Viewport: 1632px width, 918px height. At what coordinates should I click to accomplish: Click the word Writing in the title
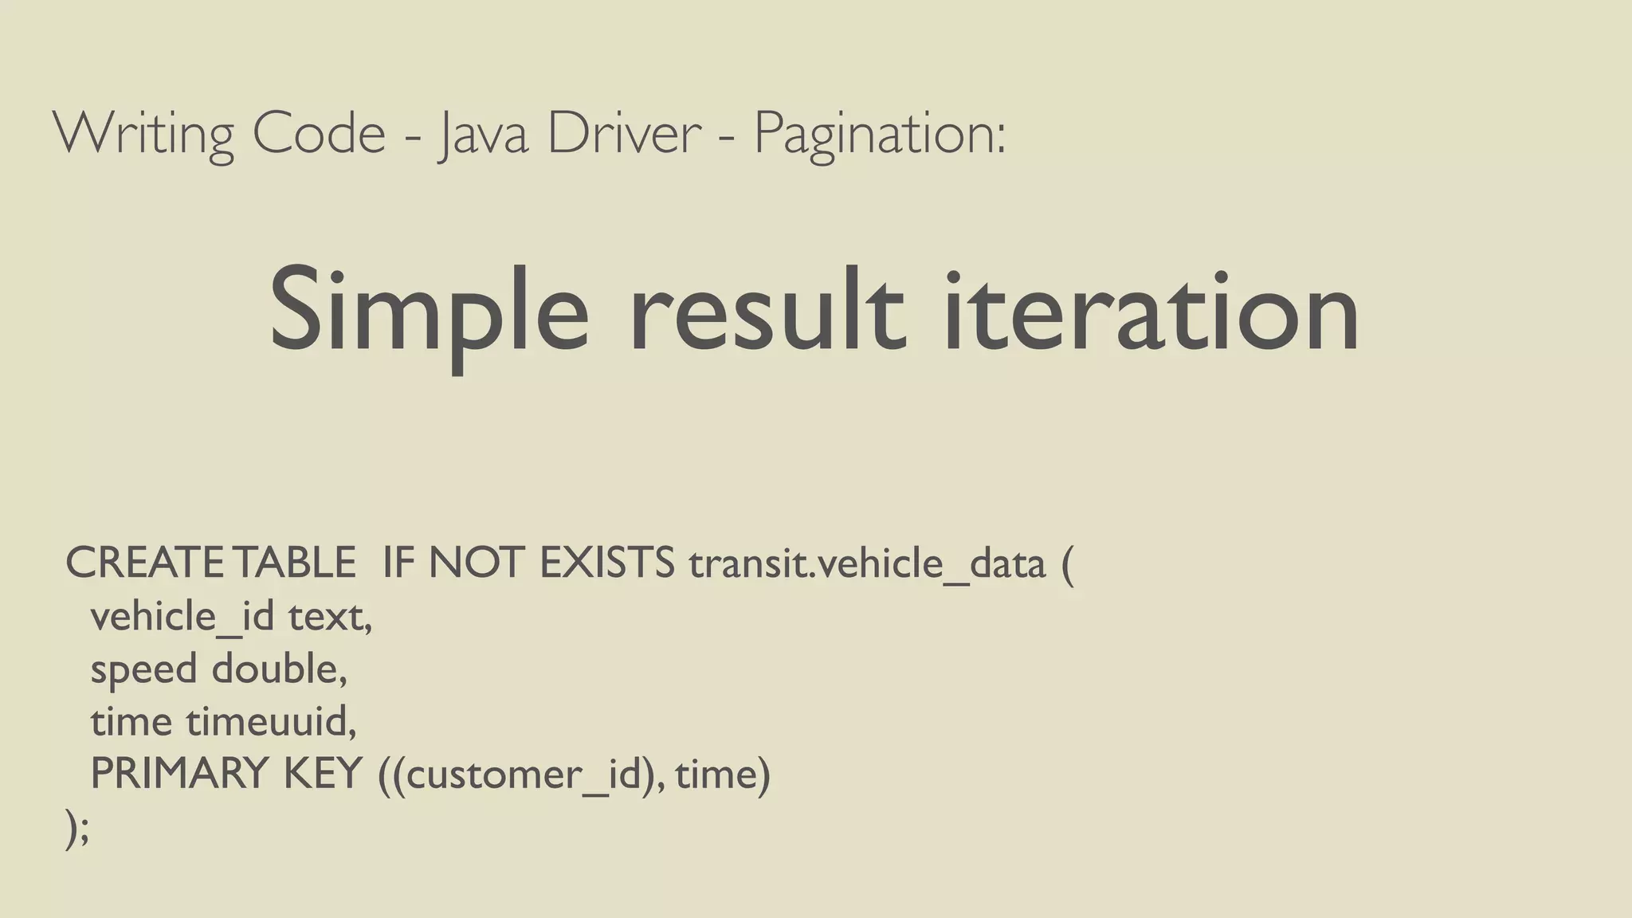(x=143, y=134)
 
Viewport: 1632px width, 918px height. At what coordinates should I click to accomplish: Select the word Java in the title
(x=483, y=134)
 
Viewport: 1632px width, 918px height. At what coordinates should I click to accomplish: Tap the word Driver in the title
(x=624, y=134)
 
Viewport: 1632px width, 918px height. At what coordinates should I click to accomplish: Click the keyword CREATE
(x=144, y=563)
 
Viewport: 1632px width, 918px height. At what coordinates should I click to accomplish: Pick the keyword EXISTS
(x=607, y=563)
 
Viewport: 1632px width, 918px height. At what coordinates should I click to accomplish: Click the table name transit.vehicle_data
(x=867, y=565)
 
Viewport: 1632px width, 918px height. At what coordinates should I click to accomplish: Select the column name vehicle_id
(x=182, y=616)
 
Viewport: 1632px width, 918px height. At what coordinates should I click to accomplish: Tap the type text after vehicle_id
(x=329, y=616)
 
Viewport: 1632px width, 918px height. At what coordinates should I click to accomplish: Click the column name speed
(x=143, y=669)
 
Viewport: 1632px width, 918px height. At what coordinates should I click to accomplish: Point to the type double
(x=279, y=669)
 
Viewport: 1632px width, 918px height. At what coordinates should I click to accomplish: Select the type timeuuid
(x=271, y=721)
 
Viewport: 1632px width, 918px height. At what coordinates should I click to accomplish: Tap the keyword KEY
(x=323, y=773)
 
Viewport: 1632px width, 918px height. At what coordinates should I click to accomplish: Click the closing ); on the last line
(x=77, y=829)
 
